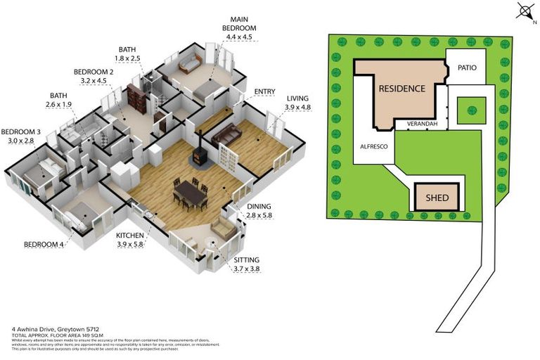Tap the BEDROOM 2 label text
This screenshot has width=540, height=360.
click(94, 72)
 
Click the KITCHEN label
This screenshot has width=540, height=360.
click(130, 234)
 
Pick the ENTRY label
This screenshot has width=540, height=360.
click(246, 91)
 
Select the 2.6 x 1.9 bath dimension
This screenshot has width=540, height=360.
click(60, 105)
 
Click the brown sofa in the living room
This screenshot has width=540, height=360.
click(226, 134)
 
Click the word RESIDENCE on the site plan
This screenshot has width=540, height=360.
click(401, 89)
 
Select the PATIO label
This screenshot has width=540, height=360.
click(466, 68)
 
